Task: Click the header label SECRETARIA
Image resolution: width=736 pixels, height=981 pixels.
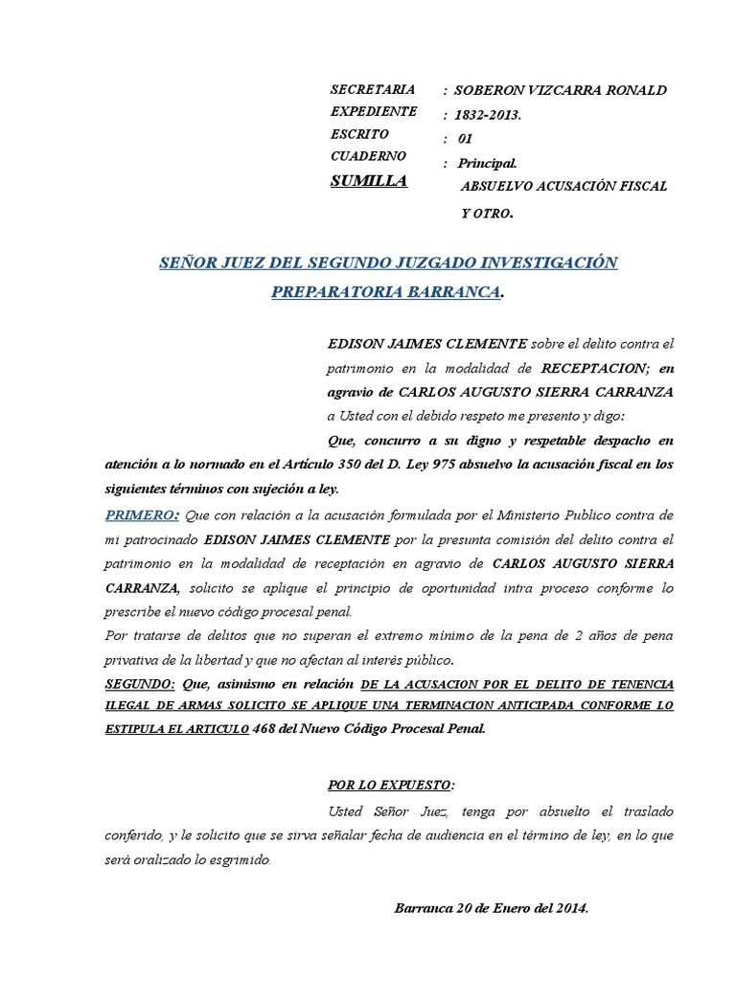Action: [373, 89]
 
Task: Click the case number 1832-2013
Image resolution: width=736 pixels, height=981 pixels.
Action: [488, 114]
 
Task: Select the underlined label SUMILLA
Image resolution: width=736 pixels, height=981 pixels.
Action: [369, 181]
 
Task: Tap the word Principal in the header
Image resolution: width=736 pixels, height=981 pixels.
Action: [487, 164]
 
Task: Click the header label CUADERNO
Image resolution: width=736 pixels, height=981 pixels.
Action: [368, 155]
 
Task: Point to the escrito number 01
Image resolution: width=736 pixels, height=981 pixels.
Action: [466, 139]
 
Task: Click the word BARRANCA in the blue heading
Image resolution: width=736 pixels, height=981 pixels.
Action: [455, 290]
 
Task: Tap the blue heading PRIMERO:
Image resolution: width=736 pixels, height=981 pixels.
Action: [142, 515]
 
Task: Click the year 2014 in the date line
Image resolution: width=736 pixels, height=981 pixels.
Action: [568, 906]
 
